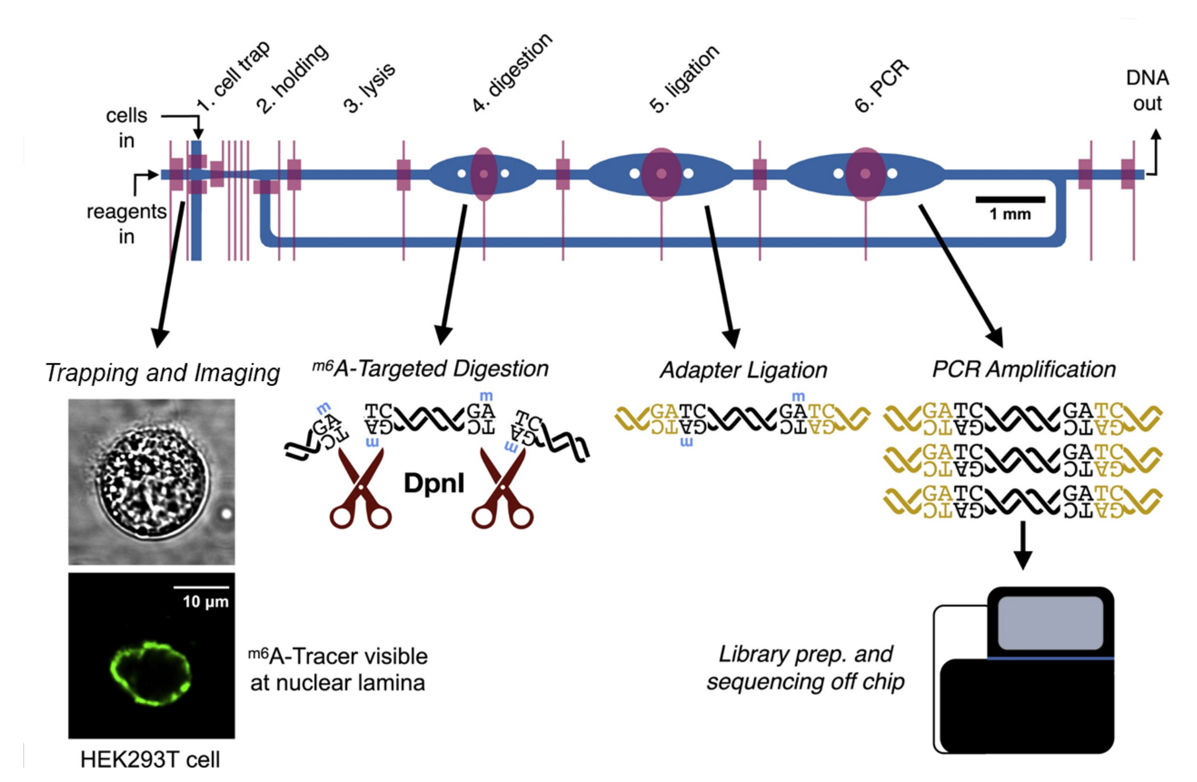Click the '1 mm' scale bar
tap(1010, 200)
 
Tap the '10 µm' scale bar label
tap(205, 601)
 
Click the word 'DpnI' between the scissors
tap(434, 484)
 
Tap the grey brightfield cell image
tap(151, 481)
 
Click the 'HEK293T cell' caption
tap(150, 759)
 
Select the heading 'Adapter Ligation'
tap(743, 370)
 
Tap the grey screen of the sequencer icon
tap(1050, 623)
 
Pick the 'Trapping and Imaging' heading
tap(162, 373)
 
